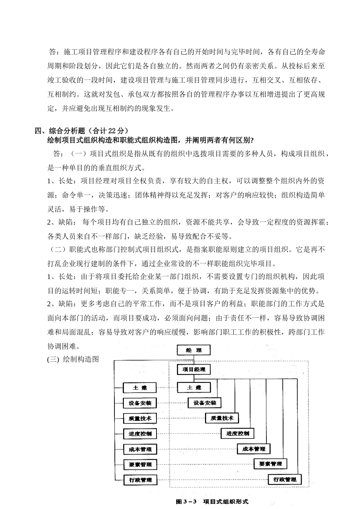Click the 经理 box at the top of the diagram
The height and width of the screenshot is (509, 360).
(x=194, y=350)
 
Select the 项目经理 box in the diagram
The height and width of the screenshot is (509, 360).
(x=194, y=369)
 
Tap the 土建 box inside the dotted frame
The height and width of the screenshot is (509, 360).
(x=194, y=388)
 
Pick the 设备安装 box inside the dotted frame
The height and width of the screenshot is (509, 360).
(x=205, y=403)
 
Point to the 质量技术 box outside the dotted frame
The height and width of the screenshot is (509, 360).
(x=140, y=418)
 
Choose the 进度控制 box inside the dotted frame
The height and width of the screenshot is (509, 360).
(x=238, y=434)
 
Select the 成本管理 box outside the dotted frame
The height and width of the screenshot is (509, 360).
(x=140, y=450)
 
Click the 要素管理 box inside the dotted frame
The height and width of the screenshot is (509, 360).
(x=271, y=464)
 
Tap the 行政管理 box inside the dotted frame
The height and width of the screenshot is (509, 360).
(x=285, y=479)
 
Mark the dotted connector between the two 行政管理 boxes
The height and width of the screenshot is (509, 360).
(x=212, y=480)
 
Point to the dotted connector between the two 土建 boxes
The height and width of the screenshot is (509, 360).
(x=167, y=388)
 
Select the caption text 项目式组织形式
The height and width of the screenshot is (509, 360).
(x=226, y=501)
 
